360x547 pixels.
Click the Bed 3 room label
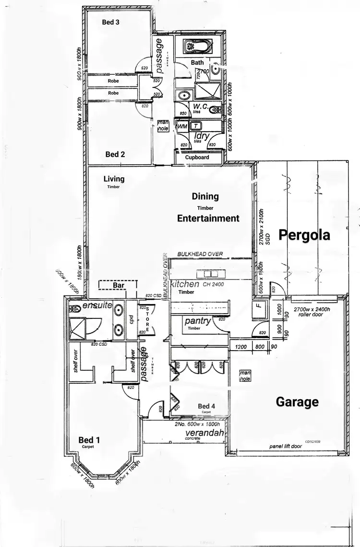111,22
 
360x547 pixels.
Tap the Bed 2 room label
115,154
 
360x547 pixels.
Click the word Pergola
305,235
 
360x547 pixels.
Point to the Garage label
297,401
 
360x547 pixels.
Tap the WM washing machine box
182,126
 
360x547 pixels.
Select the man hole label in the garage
245,376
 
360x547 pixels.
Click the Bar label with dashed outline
118,285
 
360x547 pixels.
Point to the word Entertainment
208,218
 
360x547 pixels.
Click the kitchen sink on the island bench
211,274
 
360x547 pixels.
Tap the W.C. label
200,106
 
